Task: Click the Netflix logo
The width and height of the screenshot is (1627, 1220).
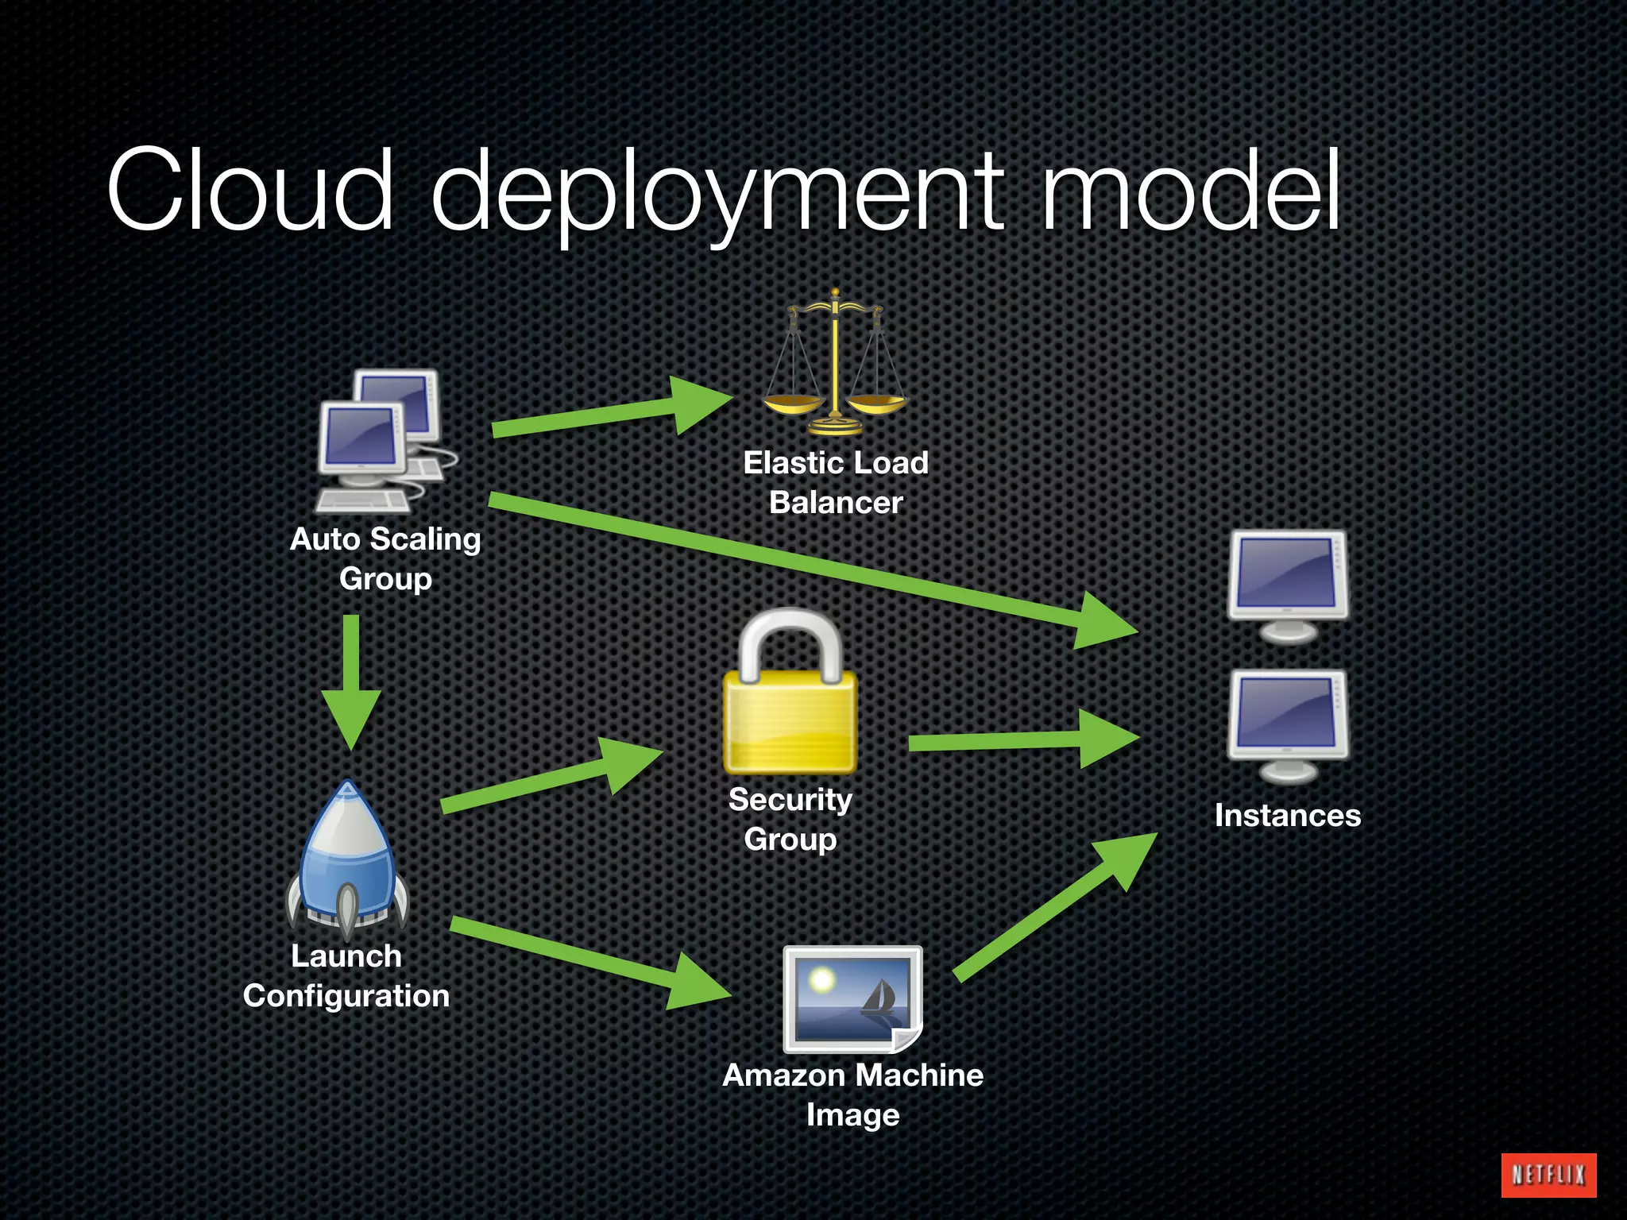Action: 1548,1175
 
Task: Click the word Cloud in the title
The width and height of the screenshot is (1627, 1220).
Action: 250,191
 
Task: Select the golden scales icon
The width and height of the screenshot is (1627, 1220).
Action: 834,365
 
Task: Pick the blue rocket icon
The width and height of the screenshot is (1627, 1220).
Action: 347,858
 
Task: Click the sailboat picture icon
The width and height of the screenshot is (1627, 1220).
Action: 852,998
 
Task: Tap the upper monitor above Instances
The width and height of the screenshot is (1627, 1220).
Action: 1287,584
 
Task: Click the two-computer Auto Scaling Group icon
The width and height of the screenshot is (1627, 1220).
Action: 385,441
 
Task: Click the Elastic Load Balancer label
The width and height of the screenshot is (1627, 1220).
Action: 836,482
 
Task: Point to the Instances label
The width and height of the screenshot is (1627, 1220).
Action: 1287,816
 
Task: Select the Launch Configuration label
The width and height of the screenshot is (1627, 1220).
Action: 346,975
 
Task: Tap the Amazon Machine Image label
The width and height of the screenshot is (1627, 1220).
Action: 852,1095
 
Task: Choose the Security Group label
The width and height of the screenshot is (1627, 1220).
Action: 790,819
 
